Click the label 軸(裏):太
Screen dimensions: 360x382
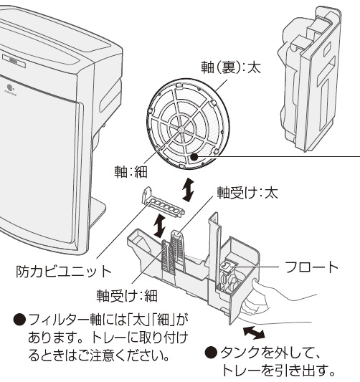click(231, 67)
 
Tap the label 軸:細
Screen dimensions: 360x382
click(131, 172)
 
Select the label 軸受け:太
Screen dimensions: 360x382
click(247, 194)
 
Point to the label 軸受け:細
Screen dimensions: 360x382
click(127, 296)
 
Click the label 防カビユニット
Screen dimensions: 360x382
click(63, 272)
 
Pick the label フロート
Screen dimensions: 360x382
click(311, 267)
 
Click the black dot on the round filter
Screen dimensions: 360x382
click(194, 157)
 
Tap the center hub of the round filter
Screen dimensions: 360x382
click(181, 128)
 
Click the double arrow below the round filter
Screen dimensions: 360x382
click(189, 190)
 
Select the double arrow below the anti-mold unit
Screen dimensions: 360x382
click(160, 226)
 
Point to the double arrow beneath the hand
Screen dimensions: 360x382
click(254, 333)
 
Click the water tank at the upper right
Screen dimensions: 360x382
click(310, 78)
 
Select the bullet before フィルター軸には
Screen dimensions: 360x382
click(20, 320)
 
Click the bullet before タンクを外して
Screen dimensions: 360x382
click(211, 353)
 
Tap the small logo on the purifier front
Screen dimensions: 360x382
click(10, 88)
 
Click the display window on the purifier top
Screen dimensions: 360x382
click(14, 61)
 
